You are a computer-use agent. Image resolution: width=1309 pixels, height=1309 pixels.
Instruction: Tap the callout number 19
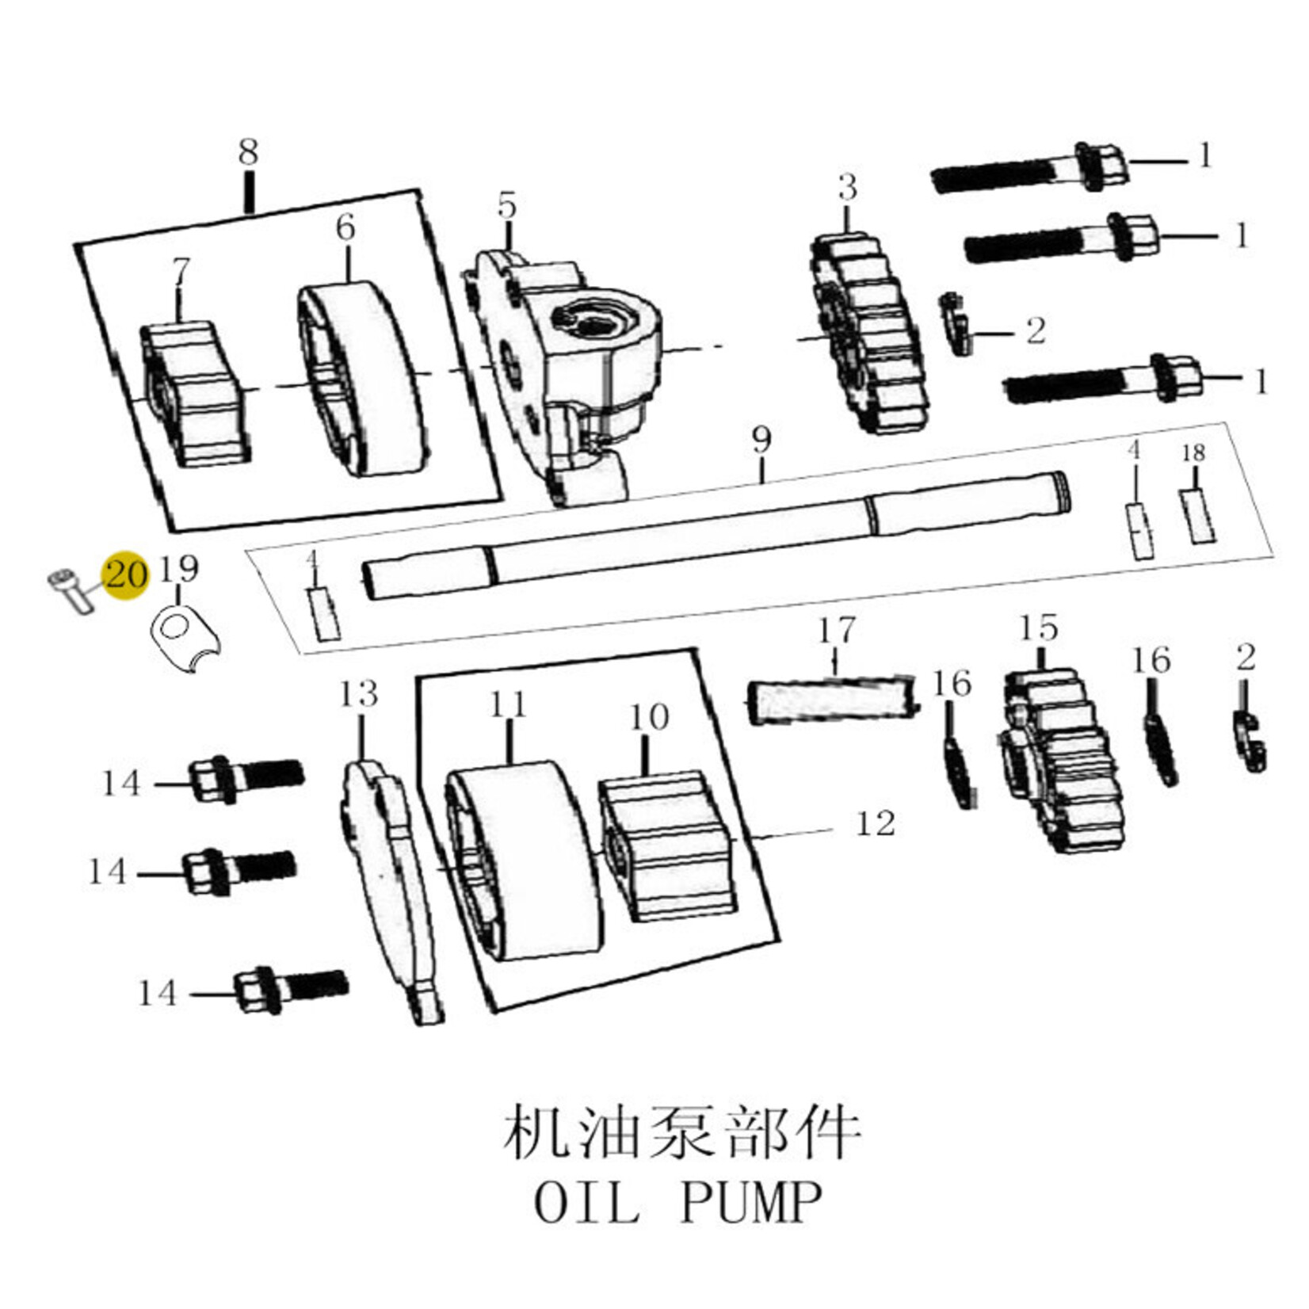point(178,569)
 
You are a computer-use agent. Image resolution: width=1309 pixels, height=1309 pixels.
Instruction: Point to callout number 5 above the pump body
point(506,206)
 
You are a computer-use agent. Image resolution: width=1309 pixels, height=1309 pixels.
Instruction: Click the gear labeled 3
point(868,333)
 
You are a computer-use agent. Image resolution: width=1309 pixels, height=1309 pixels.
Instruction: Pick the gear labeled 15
point(1059,761)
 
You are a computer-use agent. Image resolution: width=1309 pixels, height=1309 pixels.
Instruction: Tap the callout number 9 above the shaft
point(761,440)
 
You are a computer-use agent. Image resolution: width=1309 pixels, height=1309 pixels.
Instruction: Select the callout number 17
point(837,631)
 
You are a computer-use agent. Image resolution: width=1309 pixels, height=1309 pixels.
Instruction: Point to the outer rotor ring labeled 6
point(361,380)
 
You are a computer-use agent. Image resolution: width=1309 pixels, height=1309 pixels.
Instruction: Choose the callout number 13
point(359,695)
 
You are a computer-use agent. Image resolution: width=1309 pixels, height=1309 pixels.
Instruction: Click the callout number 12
point(876,824)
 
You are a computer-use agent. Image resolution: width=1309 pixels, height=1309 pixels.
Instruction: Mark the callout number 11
point(508,704)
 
